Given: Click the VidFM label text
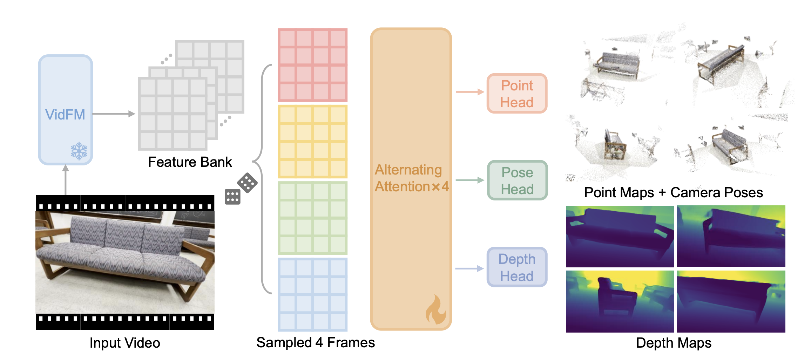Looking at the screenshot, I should click(x=65, y=115).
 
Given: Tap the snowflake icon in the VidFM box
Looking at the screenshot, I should click(x=79, y=151).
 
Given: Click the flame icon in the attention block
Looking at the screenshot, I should click(x=436, y=310).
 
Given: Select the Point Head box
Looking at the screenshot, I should click(x=517, y=94).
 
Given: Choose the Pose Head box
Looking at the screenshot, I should click(x=517, y=180).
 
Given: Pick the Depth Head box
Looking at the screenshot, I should click(x=517, y=267).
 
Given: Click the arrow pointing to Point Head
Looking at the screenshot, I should click(x=469, y=92).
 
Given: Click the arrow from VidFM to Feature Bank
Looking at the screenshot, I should click(x=113, y=114).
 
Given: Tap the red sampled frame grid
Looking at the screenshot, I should click(x=312, y=65).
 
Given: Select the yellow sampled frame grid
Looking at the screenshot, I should click(x=312, y=142).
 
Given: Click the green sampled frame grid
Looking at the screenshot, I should click(x=312, y=218).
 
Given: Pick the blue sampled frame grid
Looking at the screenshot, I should click(x=312, y=294).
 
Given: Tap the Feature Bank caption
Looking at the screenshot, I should click(x=190, y=162).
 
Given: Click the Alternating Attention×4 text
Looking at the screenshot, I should click(x=411, y=178).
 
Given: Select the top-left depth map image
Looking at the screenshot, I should click(x=620, y=236).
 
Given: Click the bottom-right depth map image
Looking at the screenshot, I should click(x=731, y=301).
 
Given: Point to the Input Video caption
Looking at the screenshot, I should click(x=125, y=343).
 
